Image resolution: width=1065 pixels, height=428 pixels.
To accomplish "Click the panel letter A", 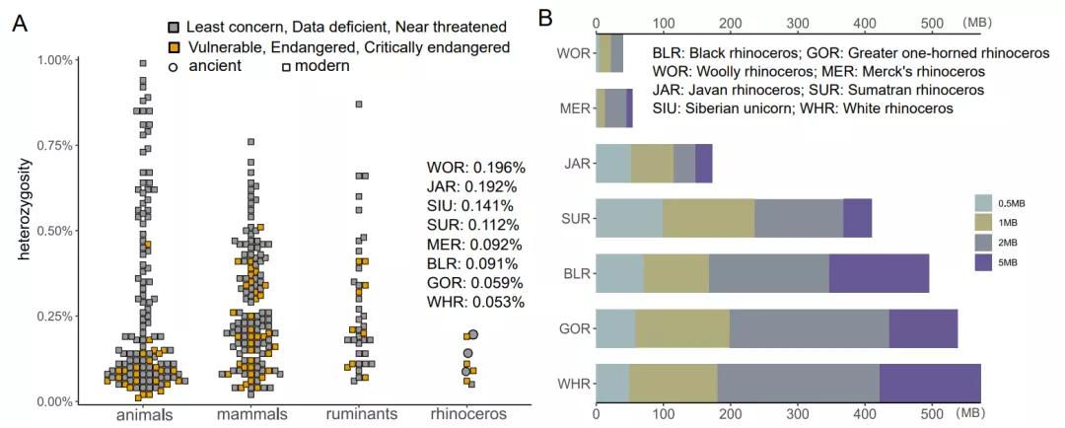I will coord(19,25).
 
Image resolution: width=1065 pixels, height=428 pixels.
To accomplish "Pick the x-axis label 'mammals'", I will coord(252,414).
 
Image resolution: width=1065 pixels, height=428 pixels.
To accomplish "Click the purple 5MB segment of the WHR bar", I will coord(930,383).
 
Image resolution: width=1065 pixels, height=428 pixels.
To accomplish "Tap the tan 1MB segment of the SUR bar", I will coord(708,217).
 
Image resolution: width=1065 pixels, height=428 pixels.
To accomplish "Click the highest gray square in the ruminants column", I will coord(359,104).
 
